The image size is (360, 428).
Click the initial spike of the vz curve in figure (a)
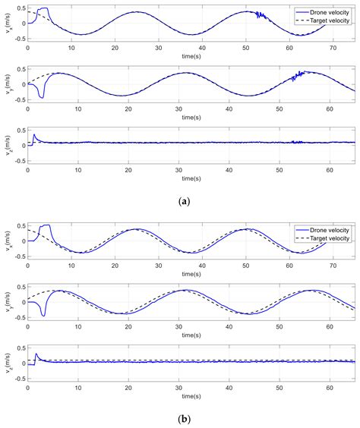(34, 137)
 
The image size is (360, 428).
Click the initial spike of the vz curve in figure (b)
(34, 354)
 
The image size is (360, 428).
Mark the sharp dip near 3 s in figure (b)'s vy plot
(43, 314)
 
